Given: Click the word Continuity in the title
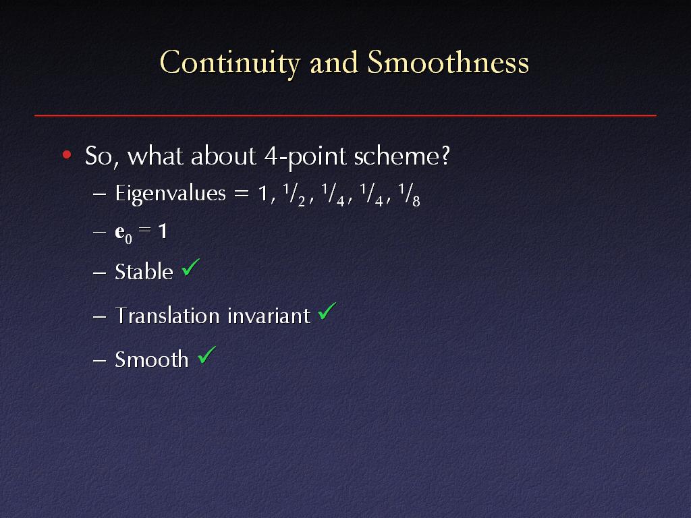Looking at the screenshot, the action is pyautogui.click(x=230, y=63).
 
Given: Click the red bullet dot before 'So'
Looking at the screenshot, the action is pyautogui.click(x=67, y=154).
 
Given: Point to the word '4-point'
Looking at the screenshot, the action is pyautogui.click(x=305, y=156).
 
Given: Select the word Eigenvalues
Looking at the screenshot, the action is pyautogui.click(x=170, y=194).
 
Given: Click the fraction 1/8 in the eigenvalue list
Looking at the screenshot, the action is pyautogui.click(x=409, y=195).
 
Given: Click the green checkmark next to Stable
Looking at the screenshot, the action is pyautogui.click(x=190, y=267).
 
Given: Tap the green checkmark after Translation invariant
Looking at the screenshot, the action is pyautogui.click(x=327, y=311).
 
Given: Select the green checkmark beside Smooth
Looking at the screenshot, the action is pyautogui.click(x=206, y=355).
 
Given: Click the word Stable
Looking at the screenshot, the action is pyautogui.click(x=144, y=271).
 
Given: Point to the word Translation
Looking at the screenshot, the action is pyautogui.click(x=167, y=316).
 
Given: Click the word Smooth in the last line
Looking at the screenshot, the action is pyautogui.click(x=152, y=359).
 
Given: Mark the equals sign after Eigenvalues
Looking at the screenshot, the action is pyautogui.click(x=242, y=194).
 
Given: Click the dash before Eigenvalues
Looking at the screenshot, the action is pyautogui.click(x=100, y=194).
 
